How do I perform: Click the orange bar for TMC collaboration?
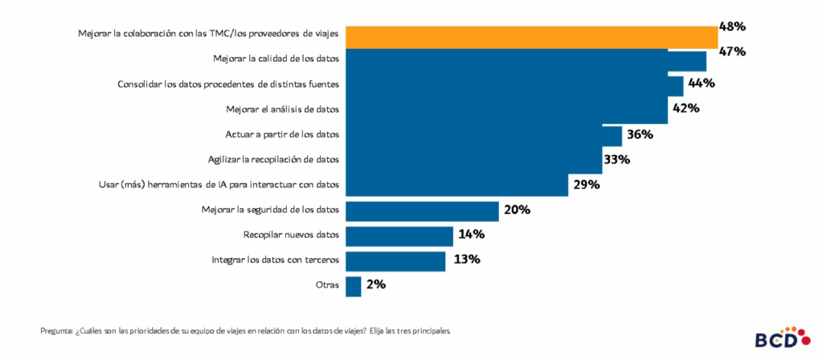tap(531, 36)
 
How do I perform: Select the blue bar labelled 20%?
tap(422, 211)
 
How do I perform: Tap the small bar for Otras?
tap(353, 286)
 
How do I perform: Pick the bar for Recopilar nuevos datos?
tap(399, 235)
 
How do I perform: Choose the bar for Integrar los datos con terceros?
tap(395, 260)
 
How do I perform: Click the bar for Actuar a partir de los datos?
tap(483, 135)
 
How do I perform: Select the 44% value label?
tap(701, 83)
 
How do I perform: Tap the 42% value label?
tap(685, 108)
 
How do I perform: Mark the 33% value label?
tap(616, 159)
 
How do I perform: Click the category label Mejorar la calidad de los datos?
tap(276, 59)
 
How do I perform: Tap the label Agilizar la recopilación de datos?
tap(273, 159)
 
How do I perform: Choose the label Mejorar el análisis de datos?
tap(283, 108)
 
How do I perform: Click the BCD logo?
tap(777, 337)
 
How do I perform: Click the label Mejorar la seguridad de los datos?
tap(270, 210)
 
